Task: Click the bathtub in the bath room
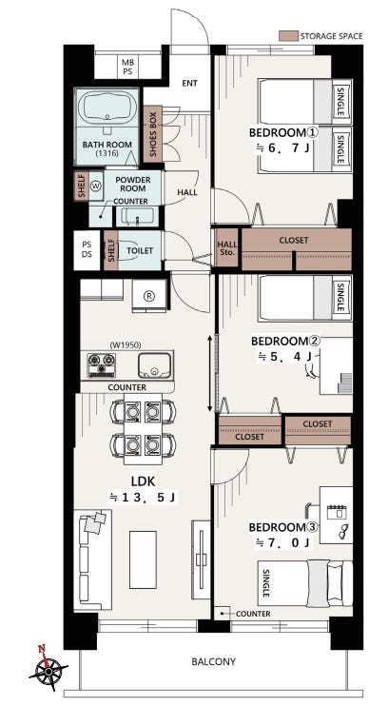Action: click(107, 108)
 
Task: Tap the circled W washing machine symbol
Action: click(97, 185)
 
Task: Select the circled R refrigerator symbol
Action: click(148, 296)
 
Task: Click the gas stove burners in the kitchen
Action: click(101, 364)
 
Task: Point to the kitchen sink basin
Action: click(154, 365)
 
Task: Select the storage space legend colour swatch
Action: click(288, 36)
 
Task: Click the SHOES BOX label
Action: click(152, 134)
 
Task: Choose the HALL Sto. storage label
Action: click(227, 248)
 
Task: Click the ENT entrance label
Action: click(190, 84)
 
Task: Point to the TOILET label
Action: click(140, 251)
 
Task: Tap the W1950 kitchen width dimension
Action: click(126, 345)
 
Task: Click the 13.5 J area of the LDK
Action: click(143, 498)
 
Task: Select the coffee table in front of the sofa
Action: click(143, 559)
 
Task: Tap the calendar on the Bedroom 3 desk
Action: click(337, 512)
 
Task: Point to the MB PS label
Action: click(127, 67)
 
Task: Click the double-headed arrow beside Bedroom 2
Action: click(209, 373)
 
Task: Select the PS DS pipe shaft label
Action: click(87, 250)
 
